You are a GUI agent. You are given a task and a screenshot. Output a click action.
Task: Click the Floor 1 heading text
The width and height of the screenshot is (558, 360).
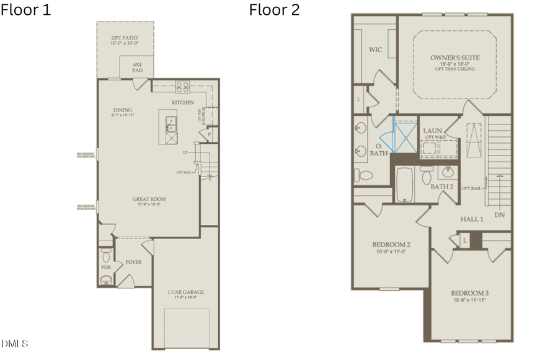point(26,10)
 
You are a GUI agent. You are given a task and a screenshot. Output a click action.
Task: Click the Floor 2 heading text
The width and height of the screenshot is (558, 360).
point(275,10)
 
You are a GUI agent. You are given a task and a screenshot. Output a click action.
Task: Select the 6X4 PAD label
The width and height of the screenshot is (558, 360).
point(137,68)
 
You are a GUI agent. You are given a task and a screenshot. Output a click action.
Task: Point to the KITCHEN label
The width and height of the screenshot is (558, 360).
point(183,102)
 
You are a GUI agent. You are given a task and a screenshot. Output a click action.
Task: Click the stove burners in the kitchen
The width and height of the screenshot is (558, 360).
point(183,87)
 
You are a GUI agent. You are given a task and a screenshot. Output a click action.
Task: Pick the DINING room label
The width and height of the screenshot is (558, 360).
point(123,110)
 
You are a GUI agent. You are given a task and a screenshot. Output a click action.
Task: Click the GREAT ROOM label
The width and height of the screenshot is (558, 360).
point(149,200)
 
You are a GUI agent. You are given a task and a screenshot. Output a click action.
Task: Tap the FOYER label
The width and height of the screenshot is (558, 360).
point(133,262)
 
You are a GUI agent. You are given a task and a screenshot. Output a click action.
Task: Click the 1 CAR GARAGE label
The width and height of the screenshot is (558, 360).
point(185,292)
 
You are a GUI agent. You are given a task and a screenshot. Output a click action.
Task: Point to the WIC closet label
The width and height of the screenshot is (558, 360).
point(375,50)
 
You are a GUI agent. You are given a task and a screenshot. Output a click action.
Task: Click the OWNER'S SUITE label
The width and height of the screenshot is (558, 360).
point(454,58)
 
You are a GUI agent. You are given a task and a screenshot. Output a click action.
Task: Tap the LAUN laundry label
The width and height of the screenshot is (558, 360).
point(432,131)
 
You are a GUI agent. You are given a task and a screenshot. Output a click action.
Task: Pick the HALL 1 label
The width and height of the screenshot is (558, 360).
point(472,219)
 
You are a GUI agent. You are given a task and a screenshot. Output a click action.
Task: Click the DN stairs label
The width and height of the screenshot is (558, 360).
point(500,215)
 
